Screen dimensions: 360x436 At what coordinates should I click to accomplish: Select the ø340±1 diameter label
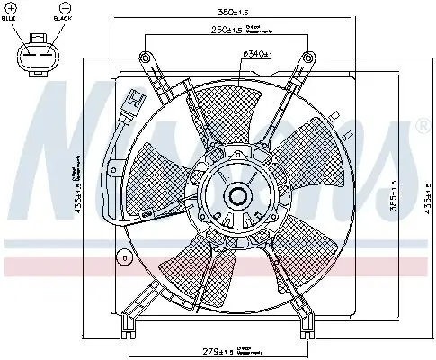pos(258,55)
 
